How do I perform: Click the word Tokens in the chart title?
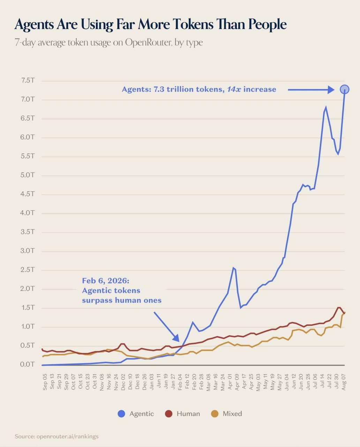click(193, 24)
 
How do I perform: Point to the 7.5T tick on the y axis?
click(28, 80)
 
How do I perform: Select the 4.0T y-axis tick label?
click(28, 213)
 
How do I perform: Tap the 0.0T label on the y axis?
click(28, 364)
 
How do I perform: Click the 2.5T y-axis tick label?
click(28, 270)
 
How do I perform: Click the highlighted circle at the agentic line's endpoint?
click(344, 89)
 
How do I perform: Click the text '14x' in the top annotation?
click(234, 89)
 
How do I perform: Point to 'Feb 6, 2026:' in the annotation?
click(106, 281)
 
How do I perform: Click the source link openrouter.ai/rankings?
click(67, 436)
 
